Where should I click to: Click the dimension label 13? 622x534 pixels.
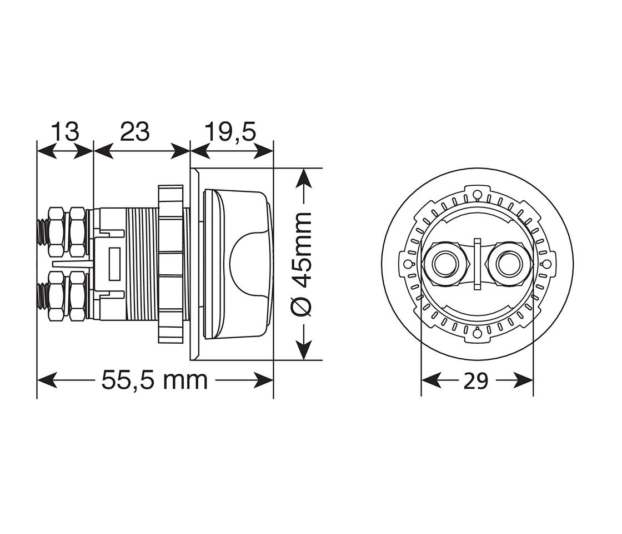(65, 132)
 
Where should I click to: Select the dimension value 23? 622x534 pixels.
(135, 132)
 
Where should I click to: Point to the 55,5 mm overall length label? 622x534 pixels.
(154, 380)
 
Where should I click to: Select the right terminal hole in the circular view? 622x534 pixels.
(508, 264)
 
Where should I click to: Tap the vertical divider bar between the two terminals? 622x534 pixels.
(476, 264)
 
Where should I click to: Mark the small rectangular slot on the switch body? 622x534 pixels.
(116, 264)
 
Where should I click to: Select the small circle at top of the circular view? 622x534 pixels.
(476, 194)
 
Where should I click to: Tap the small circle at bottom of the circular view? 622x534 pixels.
(476, 334)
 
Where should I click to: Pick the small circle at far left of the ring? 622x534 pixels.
(407, 264)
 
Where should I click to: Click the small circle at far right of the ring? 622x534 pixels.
(546, 264)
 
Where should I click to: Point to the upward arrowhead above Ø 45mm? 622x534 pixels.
(303, 179)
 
